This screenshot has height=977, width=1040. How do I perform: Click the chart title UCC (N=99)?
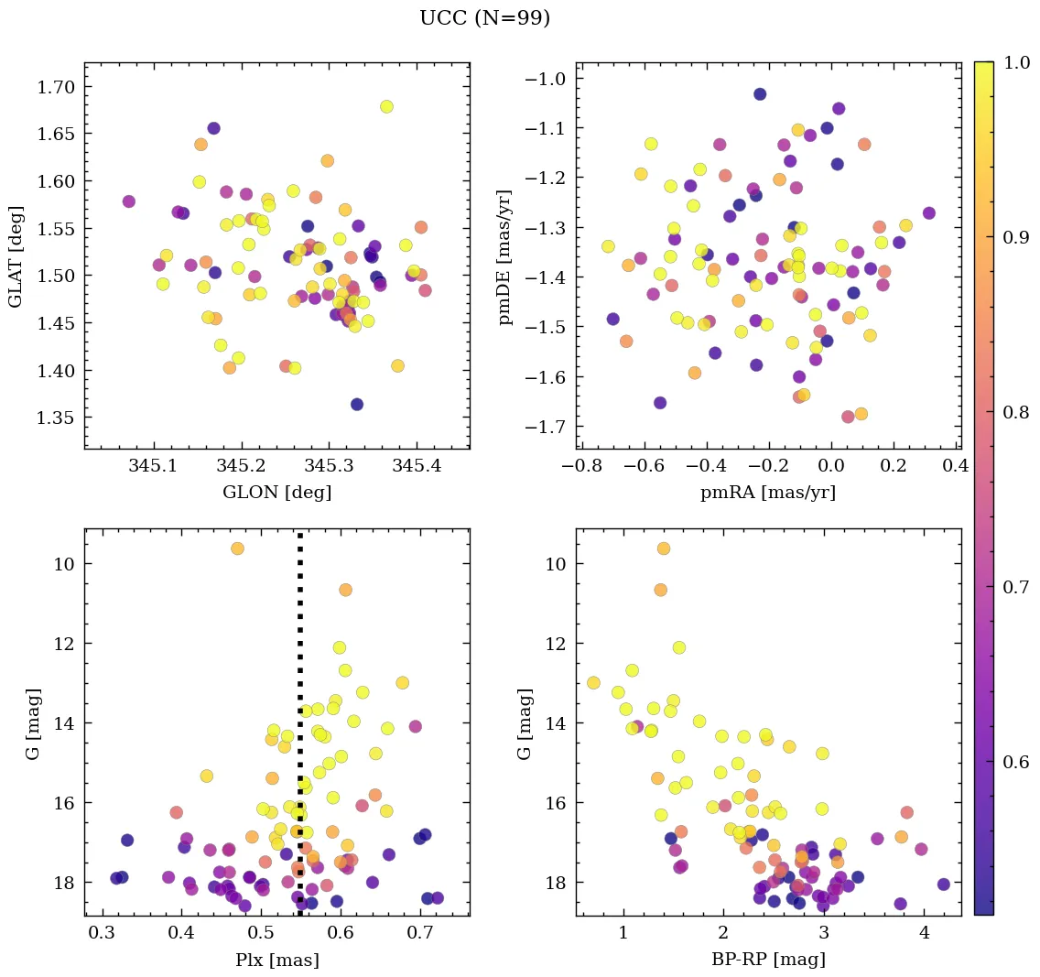click(484, 18)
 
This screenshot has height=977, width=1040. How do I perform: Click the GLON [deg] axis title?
click(276, 493)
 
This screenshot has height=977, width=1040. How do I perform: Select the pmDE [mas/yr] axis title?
click(504, 257)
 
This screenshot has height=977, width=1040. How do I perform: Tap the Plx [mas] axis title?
click(276, 960)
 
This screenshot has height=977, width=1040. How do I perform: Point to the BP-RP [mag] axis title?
click(768, 960)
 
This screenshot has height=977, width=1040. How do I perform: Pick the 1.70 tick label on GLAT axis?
click(56, 87)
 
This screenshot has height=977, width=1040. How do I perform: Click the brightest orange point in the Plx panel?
click(237, 548)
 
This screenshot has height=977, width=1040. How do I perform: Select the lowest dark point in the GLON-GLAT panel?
click(357, 405)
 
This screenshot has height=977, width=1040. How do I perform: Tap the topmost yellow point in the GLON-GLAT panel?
click(386, 107)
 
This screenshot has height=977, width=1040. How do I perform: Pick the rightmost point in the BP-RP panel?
click(943, 885)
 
